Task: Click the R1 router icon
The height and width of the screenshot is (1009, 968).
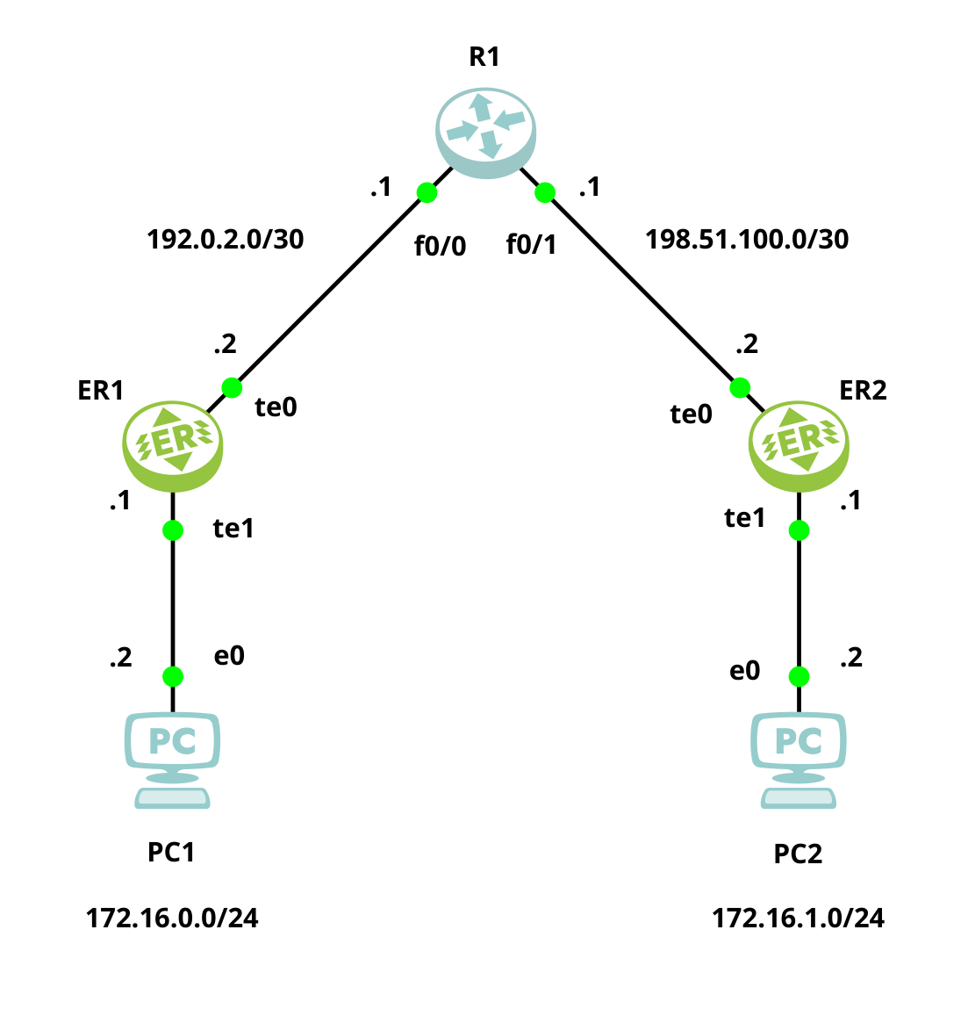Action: point(484,132)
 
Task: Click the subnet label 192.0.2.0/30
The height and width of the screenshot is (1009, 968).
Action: point(226,239)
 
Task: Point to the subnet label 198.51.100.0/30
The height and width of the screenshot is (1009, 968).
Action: point(747,239)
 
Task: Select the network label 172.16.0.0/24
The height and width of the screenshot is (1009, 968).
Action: point(172,919)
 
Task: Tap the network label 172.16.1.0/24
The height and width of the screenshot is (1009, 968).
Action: point(798,919)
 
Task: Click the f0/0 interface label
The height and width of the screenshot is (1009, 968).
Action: point(440,247)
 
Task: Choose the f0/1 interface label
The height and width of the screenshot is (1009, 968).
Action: point(531,245)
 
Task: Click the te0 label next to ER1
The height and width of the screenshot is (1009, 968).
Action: point(276,407)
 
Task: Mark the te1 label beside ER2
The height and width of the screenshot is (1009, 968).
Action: point(744,519)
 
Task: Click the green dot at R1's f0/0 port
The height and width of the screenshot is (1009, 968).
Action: point(427,192)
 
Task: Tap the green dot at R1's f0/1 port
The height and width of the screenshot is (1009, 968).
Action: point(545,192)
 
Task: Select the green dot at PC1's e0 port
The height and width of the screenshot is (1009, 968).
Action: point(173,676)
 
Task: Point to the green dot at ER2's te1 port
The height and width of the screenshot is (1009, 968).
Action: point(799,530)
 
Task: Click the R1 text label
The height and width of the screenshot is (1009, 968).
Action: point(484,57)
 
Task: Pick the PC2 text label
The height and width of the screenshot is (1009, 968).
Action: point(798,854)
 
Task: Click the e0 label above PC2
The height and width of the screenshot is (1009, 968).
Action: point(744,671)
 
